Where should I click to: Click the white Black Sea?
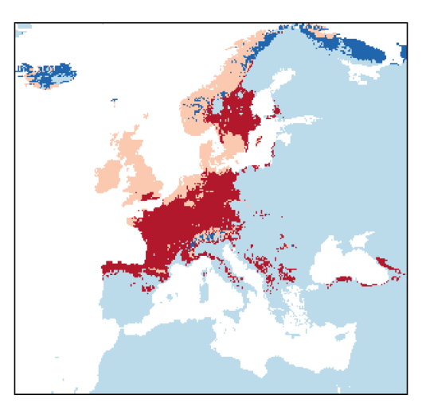tap(342, 266)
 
